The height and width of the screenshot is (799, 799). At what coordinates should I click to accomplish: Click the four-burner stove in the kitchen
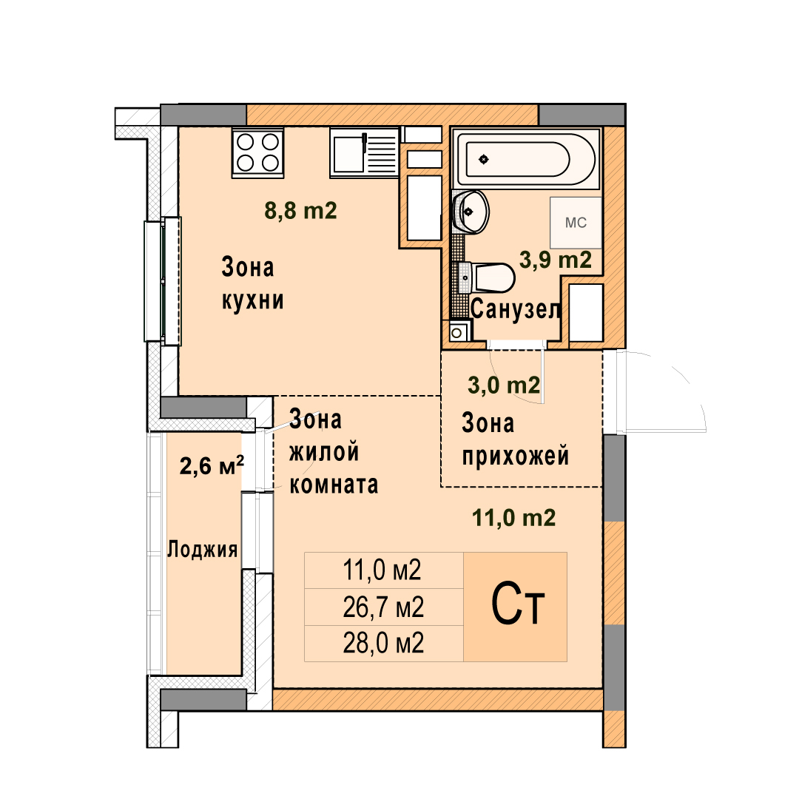pos(258,152)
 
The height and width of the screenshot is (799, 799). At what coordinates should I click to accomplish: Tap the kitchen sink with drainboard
pos(364,152)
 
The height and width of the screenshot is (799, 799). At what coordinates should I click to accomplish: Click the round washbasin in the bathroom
pos(471,212)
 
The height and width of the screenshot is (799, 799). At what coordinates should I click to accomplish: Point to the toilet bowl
pos(487,277)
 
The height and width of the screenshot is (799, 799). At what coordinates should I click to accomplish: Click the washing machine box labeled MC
pos(576,223)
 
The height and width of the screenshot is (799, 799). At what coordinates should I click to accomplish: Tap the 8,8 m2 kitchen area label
pos(300,210)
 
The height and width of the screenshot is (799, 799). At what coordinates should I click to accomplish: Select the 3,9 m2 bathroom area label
pos(556,260)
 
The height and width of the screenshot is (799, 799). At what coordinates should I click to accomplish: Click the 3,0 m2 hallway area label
pos(504,385)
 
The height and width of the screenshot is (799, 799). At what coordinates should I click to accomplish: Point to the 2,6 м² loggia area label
pos(212,465)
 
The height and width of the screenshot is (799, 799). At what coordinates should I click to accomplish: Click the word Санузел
pos(515,309)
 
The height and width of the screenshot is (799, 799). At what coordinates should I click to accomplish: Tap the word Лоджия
pos(203,549)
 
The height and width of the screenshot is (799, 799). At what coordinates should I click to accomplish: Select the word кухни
pos(253,300)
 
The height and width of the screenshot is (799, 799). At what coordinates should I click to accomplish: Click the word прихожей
pos(515,455)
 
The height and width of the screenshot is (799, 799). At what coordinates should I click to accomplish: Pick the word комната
pos(334,485)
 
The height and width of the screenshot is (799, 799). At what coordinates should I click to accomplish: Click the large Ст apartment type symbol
pos(518,605)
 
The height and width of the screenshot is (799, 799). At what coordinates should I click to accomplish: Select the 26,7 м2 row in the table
pos(383,607)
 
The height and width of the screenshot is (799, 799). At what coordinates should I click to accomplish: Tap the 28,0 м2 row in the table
pos(383,643)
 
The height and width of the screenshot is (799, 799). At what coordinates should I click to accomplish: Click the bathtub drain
pos(484,160)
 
